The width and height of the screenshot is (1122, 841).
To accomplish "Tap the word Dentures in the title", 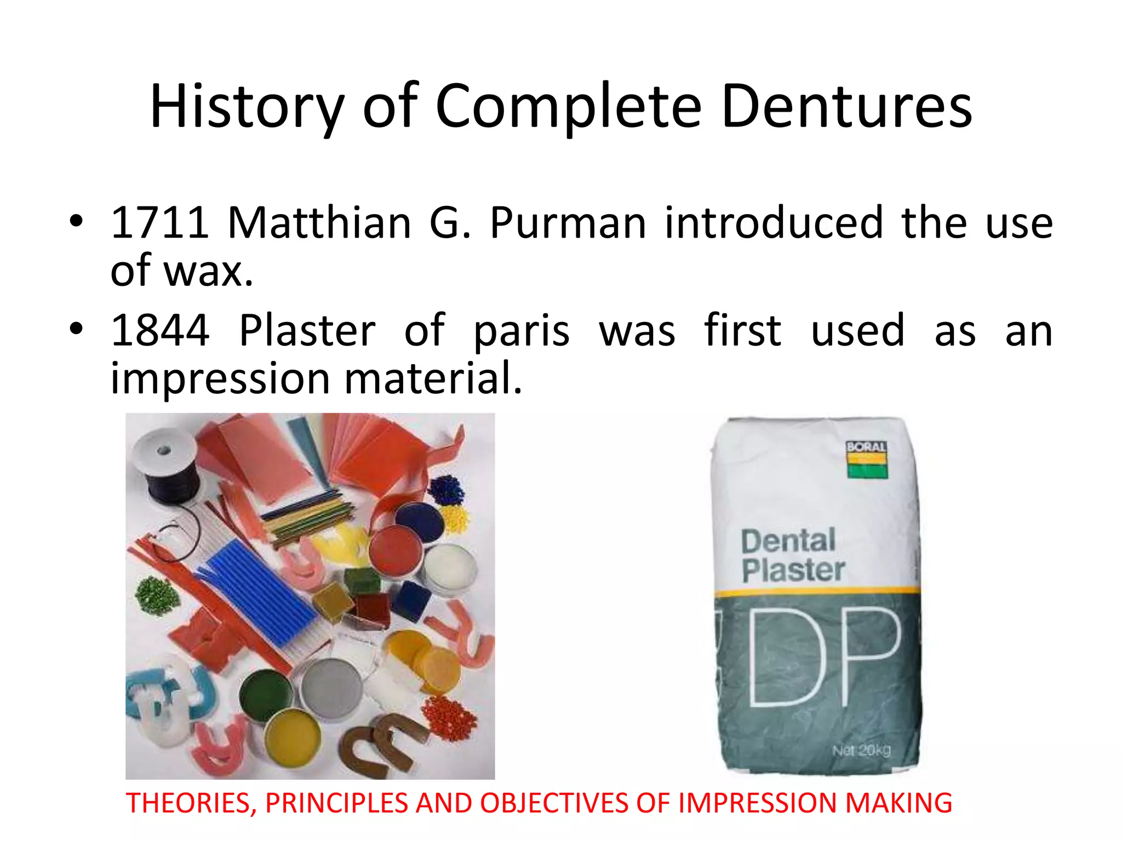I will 846,107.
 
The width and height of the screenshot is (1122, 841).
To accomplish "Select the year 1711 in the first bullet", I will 159,223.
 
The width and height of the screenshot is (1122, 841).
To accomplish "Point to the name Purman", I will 568,223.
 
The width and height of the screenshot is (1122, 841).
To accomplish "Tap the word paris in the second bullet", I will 521,331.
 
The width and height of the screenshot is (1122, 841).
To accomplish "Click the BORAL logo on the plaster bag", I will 866,459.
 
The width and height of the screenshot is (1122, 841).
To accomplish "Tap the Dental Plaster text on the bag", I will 792,556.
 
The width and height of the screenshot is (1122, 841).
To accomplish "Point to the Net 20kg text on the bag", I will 861,750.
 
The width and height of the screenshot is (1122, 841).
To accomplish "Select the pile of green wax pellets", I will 157,595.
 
